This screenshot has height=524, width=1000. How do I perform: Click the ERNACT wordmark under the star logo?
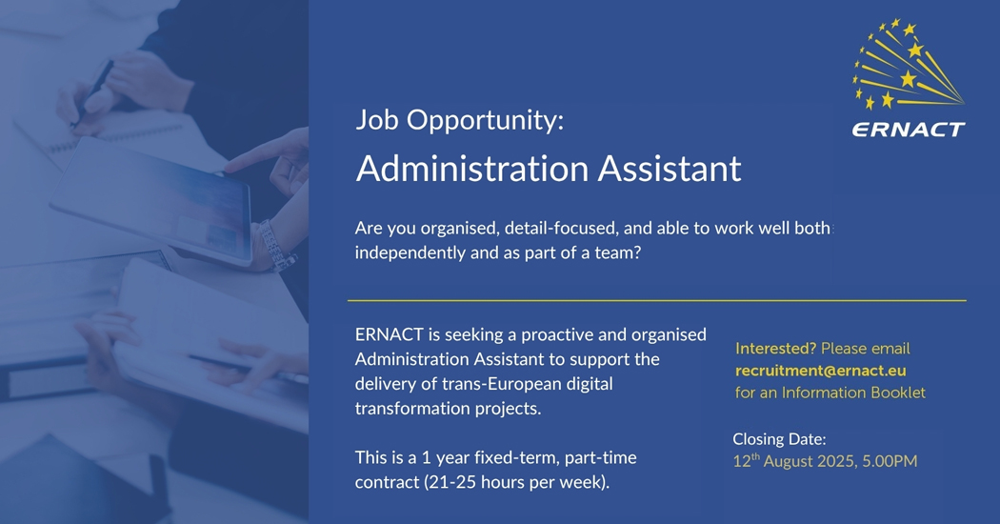[909, 130]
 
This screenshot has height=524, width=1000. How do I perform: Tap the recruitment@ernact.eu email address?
[820, 371]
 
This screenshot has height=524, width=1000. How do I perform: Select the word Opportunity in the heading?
[485, 121]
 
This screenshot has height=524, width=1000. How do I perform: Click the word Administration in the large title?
[472, 169]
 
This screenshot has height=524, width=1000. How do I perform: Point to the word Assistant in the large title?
[670, 169]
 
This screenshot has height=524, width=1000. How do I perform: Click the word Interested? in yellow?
[775, 349]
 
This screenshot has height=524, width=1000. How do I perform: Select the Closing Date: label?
[779, 439]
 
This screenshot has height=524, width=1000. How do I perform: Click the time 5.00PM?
[890, 461]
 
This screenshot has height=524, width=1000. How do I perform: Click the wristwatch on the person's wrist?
[275, 246]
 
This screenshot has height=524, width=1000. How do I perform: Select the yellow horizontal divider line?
[657, 300]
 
